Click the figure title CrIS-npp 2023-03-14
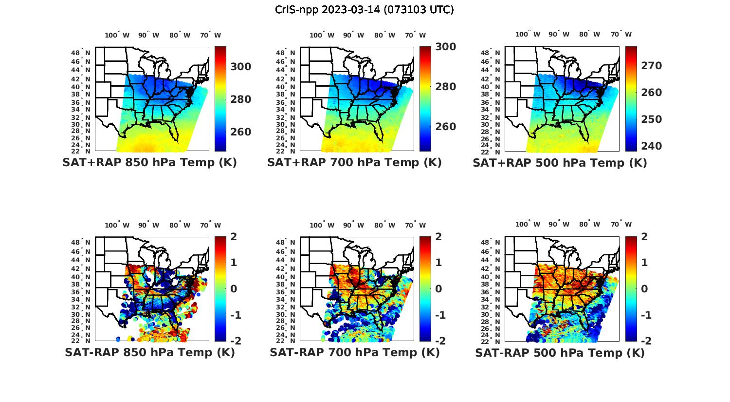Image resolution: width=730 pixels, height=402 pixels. click(365, 10)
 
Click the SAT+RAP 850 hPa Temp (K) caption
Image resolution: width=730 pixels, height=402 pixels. click(149, 163)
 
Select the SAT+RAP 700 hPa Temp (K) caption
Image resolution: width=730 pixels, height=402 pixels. click(354, 163)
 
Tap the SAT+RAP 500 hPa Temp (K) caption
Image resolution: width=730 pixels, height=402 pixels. click(560, 163)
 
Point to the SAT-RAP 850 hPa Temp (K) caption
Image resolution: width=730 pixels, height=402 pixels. click(149, 353)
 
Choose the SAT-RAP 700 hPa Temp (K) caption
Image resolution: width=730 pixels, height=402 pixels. click(354, 353)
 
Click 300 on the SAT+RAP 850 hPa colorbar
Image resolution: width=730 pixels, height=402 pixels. click(240, 67)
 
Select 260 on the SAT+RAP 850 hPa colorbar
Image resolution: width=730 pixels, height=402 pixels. click(240, 132)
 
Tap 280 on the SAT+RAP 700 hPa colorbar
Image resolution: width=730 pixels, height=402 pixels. click(445, 87)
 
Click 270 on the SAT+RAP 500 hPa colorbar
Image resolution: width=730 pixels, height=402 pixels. click(651, 66)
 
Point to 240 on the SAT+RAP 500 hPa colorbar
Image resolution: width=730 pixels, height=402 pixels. click(651, 146)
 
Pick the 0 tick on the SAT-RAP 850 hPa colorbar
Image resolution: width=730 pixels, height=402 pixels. click(234, 288)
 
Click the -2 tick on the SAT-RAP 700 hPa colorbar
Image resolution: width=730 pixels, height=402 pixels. click(439, 341)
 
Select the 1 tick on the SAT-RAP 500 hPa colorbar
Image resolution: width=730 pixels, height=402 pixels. click(644, 263)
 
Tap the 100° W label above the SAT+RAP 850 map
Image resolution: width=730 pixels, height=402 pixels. click(117, 35)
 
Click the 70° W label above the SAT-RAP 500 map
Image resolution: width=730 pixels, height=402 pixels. click(621, 225)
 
